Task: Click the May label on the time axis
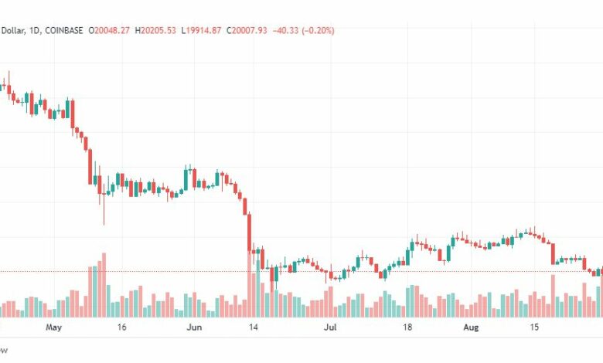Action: (x=53, y=327)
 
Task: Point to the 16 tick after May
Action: (x=121, y=327)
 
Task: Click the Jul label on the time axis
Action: (x=330, y=327)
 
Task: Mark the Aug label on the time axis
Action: (x=469, y=327)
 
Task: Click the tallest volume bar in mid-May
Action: (x=104, y=286)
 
